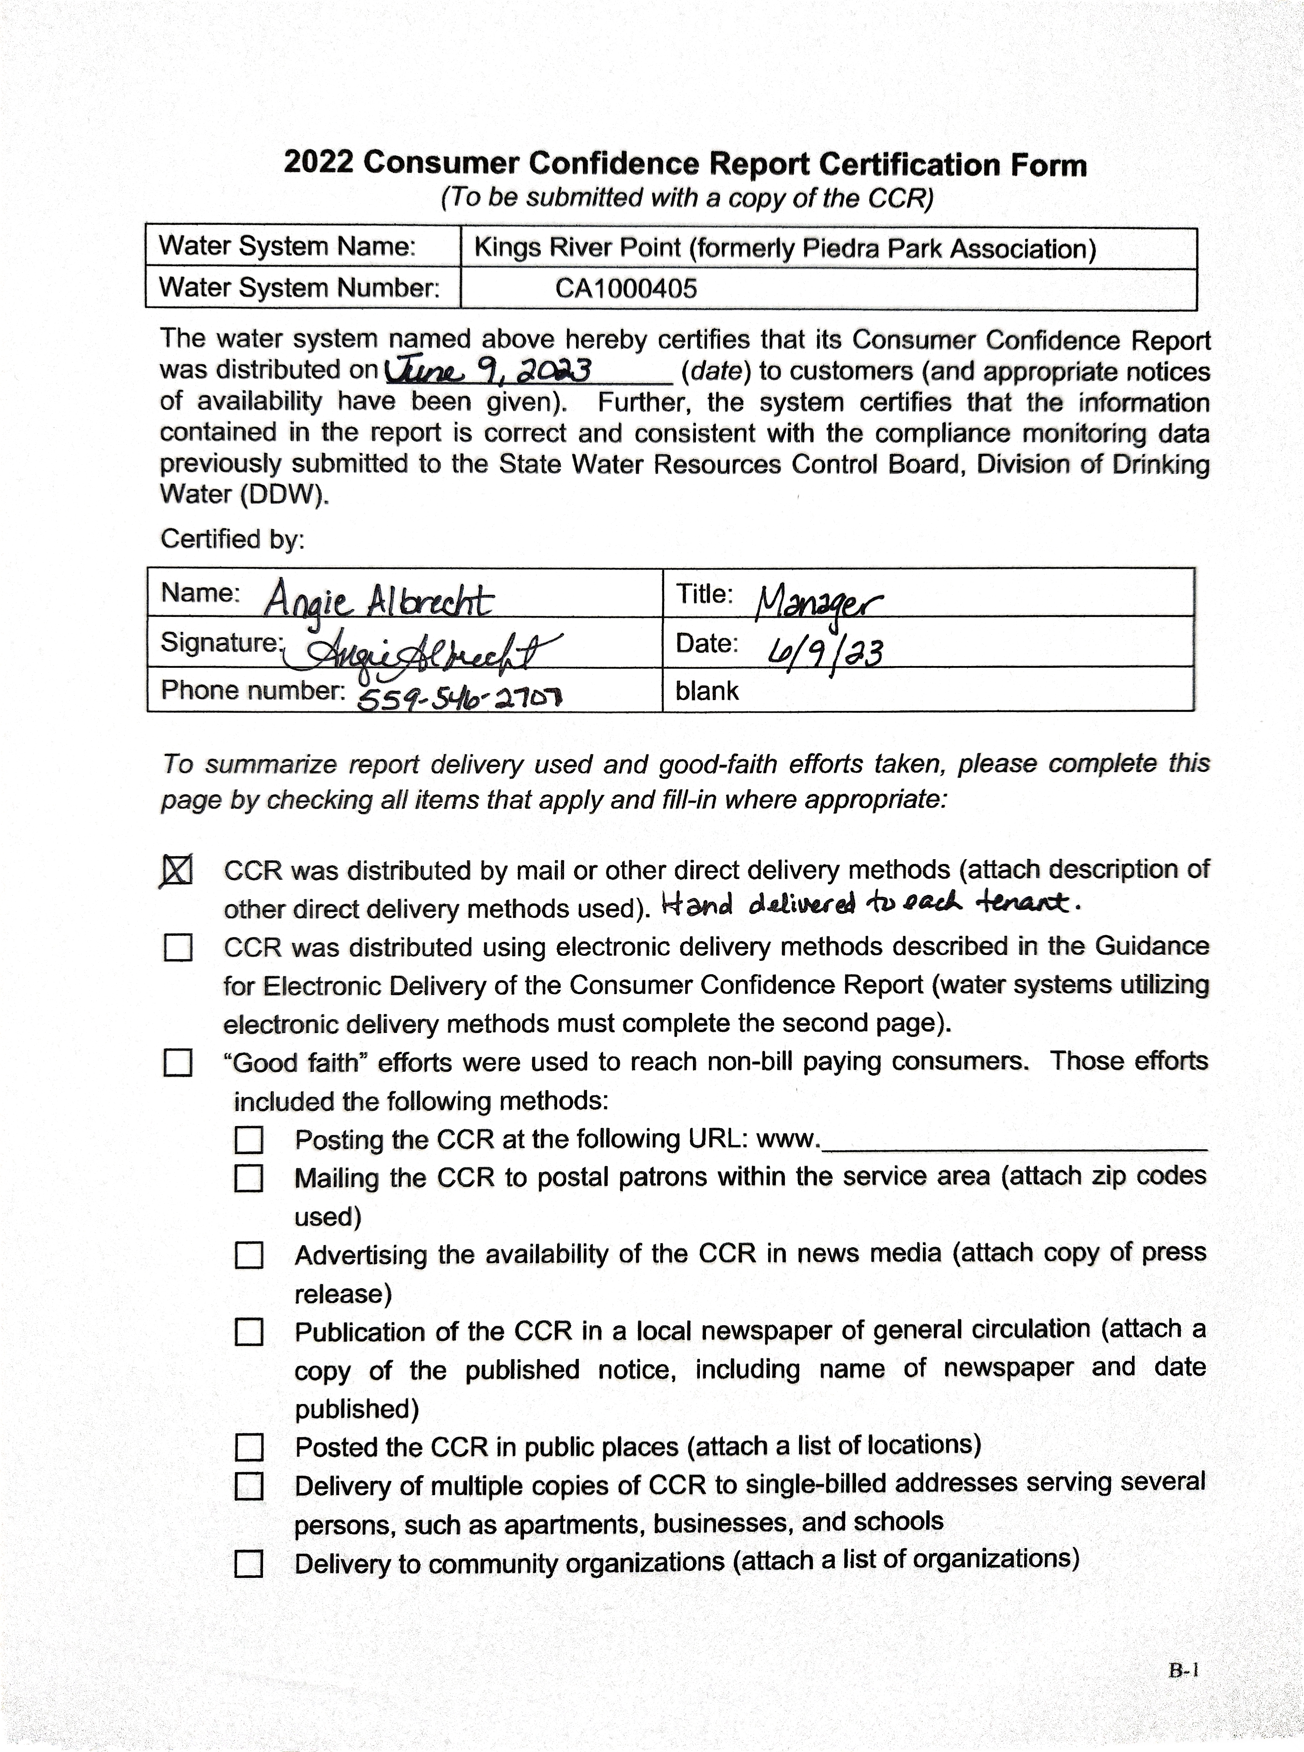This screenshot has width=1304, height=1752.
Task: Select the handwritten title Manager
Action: coord(818,604)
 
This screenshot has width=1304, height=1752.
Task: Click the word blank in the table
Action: coord(706,691)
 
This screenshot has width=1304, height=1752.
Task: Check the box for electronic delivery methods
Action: coord(178,947)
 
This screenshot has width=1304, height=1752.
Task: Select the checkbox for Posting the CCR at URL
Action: coord(249,1139)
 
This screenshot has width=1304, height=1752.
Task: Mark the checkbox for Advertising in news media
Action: coord(249,1255)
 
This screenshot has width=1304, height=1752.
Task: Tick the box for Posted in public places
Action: coord(249,1447)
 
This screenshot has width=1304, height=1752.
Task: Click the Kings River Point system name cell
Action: coord(785,249)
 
